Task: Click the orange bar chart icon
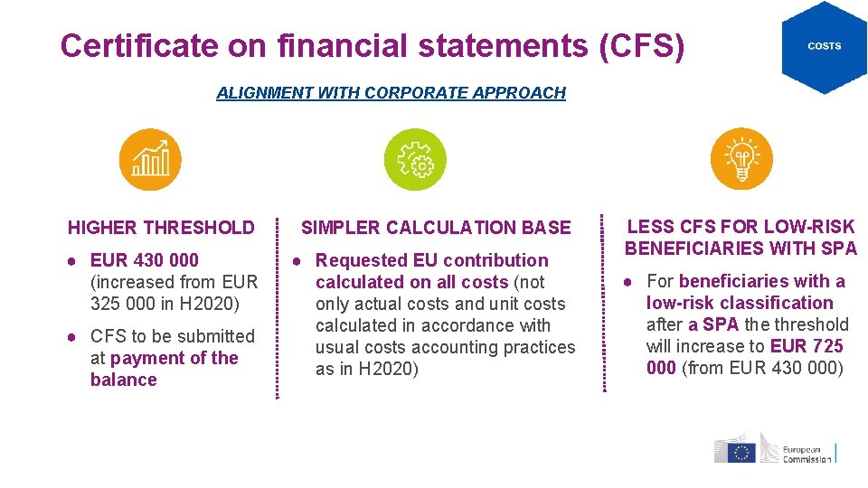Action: coord(150,160)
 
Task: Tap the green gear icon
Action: coord(416,160)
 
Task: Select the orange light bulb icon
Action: coord(741,160)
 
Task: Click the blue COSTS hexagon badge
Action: coord(824,46)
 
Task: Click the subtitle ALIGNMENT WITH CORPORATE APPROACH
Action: coord(391,93)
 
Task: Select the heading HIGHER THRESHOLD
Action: coord(161,228)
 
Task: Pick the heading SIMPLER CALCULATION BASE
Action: coord(436,228)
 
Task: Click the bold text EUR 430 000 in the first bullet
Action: coord(145,260)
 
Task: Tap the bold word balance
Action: coord(124,380)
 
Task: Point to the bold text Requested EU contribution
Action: coord(431,260)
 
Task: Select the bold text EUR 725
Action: coord(807,346)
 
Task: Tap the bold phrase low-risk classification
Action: coord(740,303)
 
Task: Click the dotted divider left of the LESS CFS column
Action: coord(603,304)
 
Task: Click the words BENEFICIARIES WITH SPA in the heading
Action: coord(741,248)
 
